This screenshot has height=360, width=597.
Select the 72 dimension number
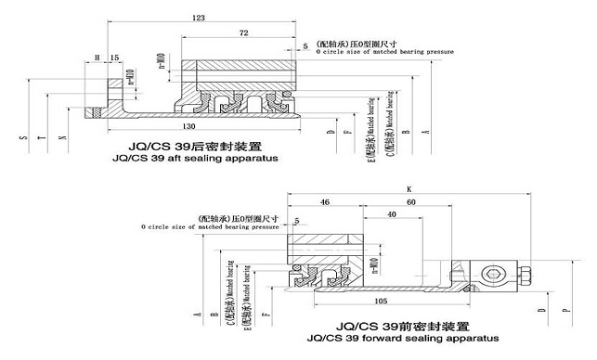tap(244, 33)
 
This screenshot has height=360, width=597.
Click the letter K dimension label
tap(408, 188)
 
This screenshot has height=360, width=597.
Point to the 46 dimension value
tap(324, 201)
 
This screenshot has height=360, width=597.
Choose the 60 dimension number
tap(412, 201)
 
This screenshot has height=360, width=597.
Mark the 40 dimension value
tap(394, 214)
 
